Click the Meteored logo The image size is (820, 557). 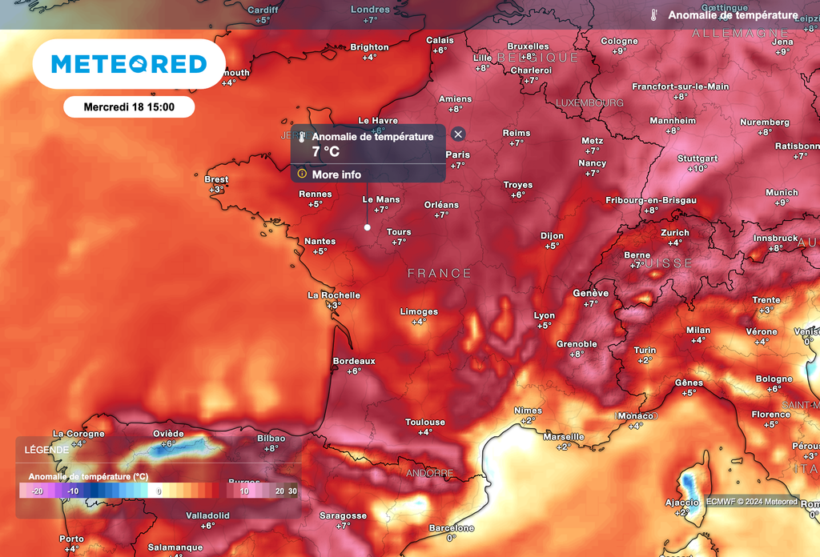click(x=128, y=64)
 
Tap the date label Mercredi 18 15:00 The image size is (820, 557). click(x=129, y=106)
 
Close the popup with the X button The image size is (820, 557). click(x=458, y=134)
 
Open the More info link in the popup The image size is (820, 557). click(x=336, y=174)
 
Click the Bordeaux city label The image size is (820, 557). click(x=354, y=361)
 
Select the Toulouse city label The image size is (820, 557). click(x=425, y=422)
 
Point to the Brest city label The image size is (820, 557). click(x=216, y=179)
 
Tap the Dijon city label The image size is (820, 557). click(x=552, y=236)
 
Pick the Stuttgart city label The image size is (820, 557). click(x=697, y=158)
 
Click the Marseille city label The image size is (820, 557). click(x=564, y=436)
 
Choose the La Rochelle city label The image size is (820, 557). click(x=334, y=295)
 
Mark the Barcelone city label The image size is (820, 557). click(x=452, y=528)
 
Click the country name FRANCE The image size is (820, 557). click(x=440, y=274)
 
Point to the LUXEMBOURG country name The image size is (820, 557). click(x=589, y=103)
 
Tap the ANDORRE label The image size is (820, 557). click(x=430, y=473)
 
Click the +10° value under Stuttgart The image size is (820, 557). click(x=697, y=169)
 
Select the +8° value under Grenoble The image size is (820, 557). click(x=577, y=354)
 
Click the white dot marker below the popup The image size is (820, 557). click(x=368, y=227)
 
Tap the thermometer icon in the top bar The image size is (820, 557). click(x=654, y=15)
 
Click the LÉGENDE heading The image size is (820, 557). click(x=46, y=450)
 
